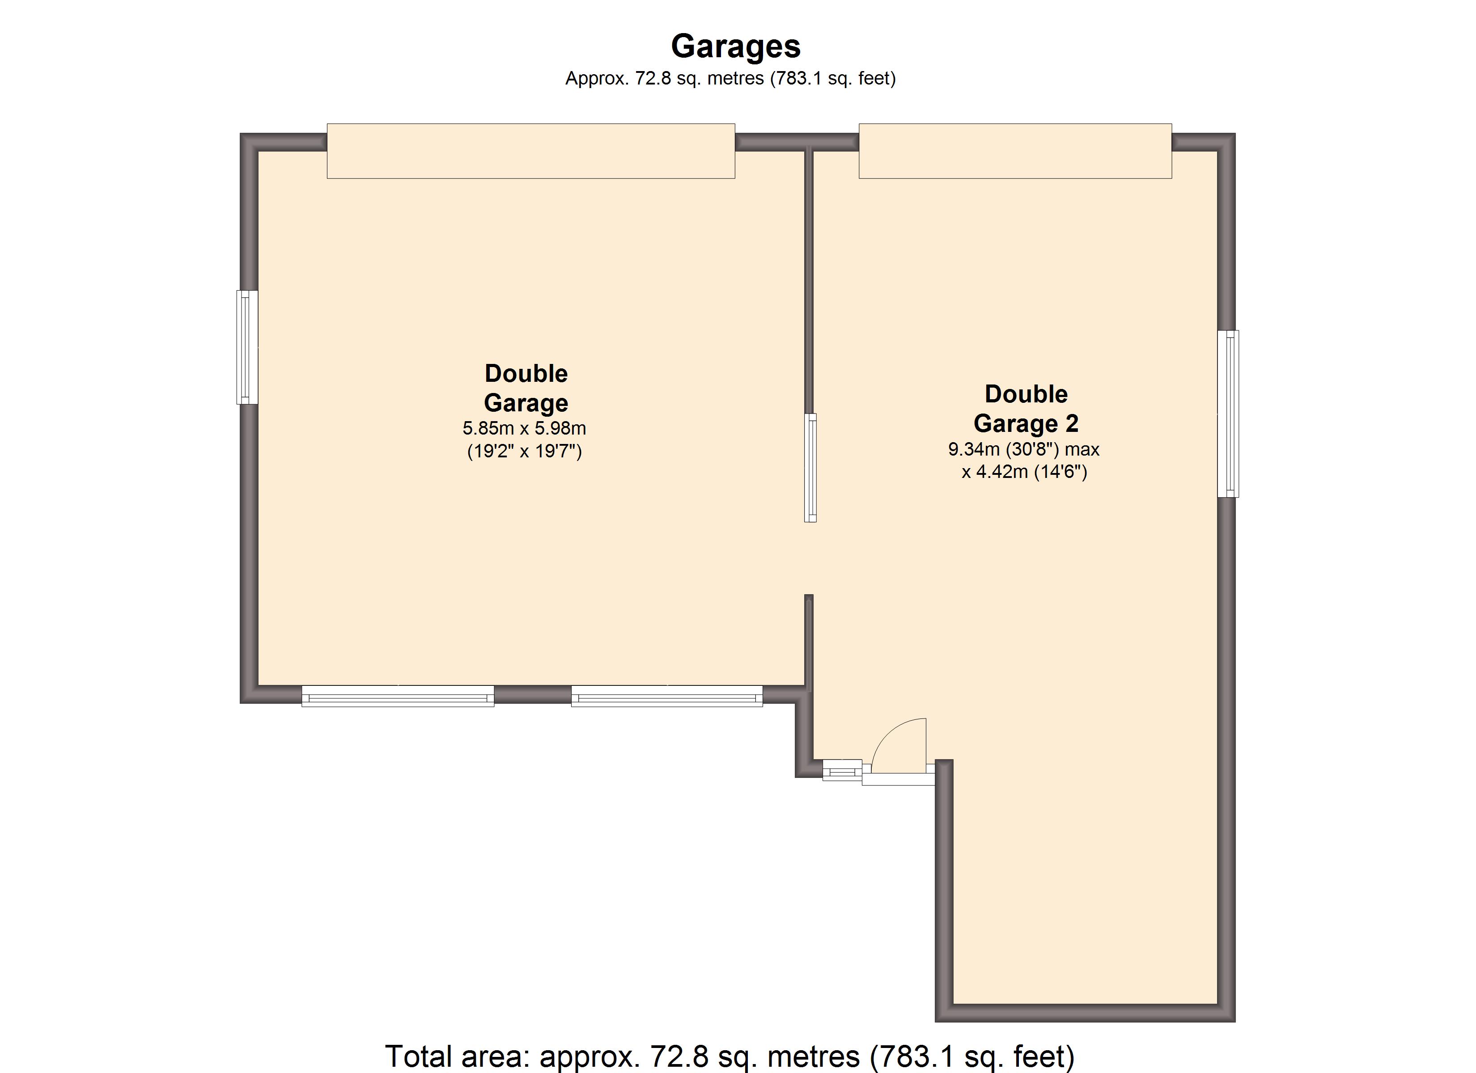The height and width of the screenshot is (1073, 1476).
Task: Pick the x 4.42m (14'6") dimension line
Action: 1024,471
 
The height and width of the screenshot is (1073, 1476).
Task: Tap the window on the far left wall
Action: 247,347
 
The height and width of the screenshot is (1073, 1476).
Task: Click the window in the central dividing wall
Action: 810,467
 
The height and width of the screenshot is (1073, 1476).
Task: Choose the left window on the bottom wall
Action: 398,696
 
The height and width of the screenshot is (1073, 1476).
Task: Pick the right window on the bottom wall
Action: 666,696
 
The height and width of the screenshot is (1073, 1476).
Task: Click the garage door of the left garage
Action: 530,151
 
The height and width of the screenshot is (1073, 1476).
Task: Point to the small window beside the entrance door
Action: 842,770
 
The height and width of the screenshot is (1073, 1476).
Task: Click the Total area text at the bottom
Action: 729,1056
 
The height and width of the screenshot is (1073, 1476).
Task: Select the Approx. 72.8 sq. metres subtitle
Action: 730,79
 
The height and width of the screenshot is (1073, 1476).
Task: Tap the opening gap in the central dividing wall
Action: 809,558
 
